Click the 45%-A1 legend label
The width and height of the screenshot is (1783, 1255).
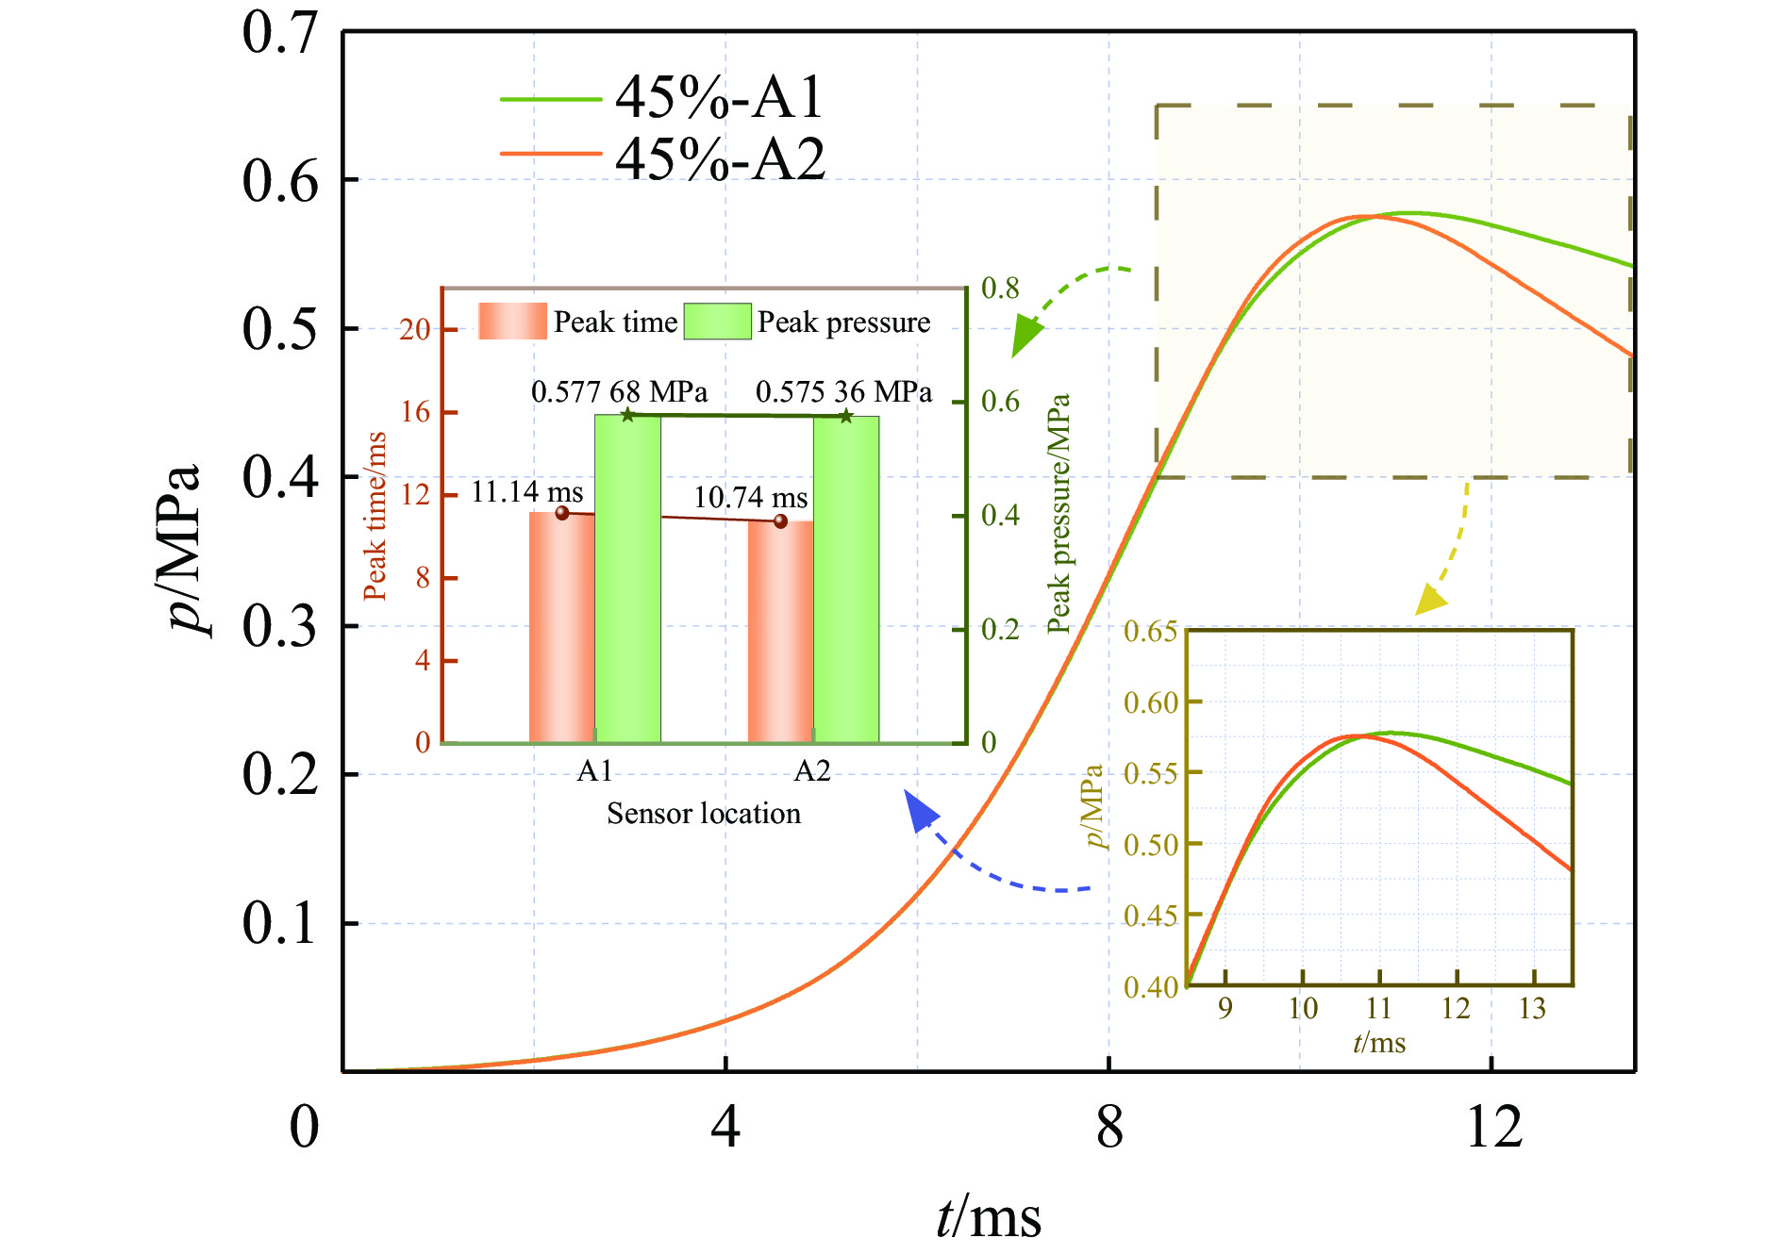(719, 97)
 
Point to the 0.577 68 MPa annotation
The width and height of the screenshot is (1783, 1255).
(619, 391)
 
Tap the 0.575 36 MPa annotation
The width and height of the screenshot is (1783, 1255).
(843, 391)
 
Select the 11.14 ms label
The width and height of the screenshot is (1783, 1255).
(526, 491)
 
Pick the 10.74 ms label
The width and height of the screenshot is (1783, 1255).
(750, 497)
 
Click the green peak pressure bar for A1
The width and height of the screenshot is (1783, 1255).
(627, 580)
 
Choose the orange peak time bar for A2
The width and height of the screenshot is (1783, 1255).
(780, 632)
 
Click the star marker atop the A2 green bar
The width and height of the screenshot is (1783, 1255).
(846, 416)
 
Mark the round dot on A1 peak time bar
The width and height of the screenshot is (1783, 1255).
(562, 513)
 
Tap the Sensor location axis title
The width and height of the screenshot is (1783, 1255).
(703, 814)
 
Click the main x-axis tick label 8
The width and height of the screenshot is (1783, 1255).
(1109, 1127)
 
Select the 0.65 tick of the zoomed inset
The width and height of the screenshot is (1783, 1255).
(1150, 631)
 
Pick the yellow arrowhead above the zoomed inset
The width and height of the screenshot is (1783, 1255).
(1430, 601)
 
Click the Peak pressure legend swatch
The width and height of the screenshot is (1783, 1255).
(717, 322)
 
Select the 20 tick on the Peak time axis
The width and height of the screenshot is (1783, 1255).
(414, 329)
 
